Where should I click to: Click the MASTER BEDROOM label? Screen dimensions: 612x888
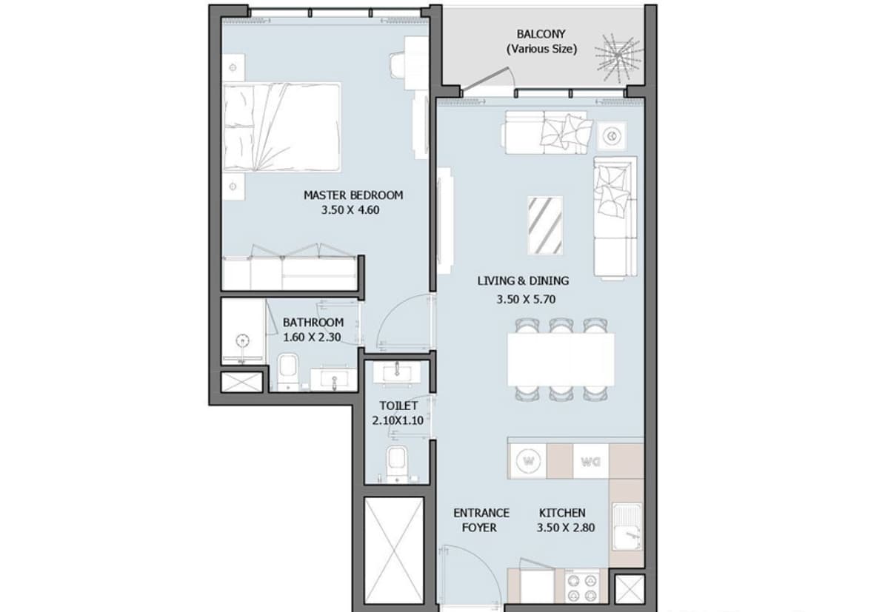tap(353, 195)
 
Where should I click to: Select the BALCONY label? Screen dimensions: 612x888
tap(541, 34)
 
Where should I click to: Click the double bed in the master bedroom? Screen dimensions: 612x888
tap(281, 127)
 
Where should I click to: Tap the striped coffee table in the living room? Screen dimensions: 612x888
tap(545, 224)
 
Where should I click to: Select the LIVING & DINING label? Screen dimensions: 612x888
tap(523, 280)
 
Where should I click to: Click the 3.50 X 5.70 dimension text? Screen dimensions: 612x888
tap(525, 300)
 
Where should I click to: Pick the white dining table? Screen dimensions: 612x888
tap(561, 359)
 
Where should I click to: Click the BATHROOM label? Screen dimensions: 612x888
tap(313, 323)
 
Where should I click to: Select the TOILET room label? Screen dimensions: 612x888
tap(398, 406)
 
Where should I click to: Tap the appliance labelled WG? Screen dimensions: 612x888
tap(590, 462)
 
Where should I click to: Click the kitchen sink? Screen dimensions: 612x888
tap(626, 525)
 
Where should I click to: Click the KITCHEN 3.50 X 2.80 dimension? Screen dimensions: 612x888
tap(566, 528)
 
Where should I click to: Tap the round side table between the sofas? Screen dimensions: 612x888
tap(612, 135)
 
